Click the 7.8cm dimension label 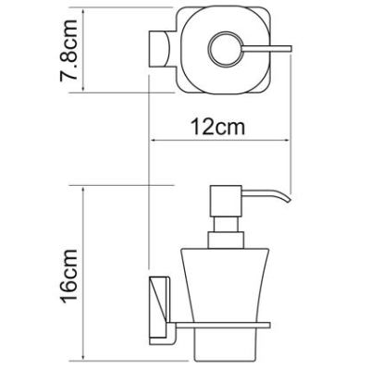pos(68,50)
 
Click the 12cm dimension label pos(218,127)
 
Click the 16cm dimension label pos(68,276)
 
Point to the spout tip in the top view pos(290,49)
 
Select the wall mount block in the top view pos(160,49)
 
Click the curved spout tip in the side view pos(288,198)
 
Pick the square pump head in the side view pos(226,201)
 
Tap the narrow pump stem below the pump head pos(225,224)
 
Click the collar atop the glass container pos(226,240)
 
